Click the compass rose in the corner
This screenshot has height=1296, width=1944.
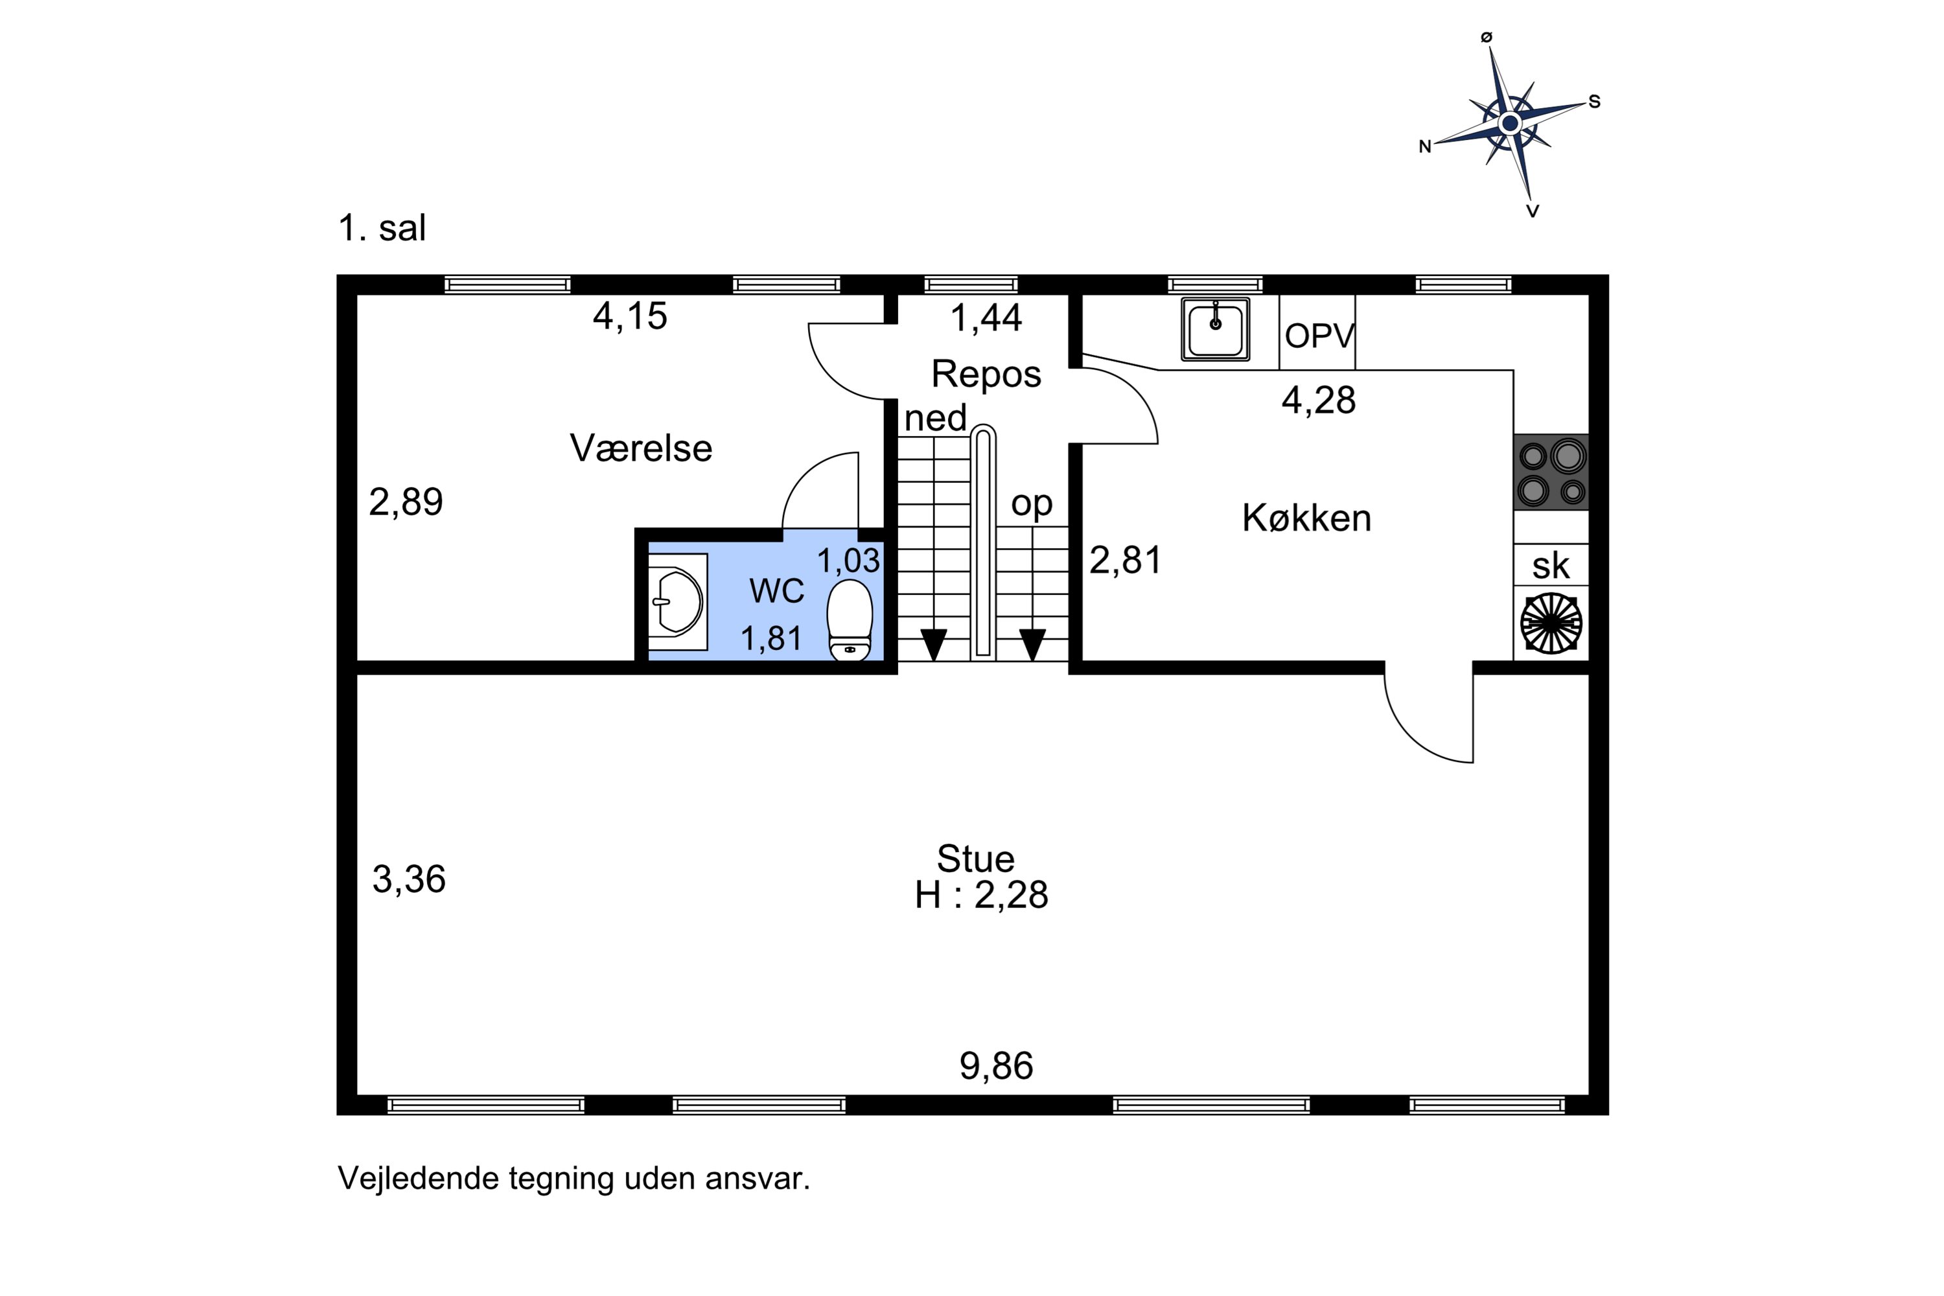[1510, 124]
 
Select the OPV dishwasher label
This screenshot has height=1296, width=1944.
[1319, 336]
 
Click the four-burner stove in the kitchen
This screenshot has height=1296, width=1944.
[1551, 472]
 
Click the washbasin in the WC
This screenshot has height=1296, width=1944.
[678, 602]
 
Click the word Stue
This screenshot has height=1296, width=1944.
[975, 859]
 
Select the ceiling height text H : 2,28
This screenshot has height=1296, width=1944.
[981, 895]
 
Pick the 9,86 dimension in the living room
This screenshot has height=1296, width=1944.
[996, 1066]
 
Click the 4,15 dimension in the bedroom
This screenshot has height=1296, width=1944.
[630, 316]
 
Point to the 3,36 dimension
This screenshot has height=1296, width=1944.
[409, 879]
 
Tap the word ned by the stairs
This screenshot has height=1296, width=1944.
[935, 418]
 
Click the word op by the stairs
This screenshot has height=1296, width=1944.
[1032, 503]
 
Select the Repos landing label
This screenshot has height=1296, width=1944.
[986, 375]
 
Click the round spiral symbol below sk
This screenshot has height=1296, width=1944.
[1551, 623]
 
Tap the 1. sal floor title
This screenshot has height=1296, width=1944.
[382, 228]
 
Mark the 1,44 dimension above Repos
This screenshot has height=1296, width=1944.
[986, 318]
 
